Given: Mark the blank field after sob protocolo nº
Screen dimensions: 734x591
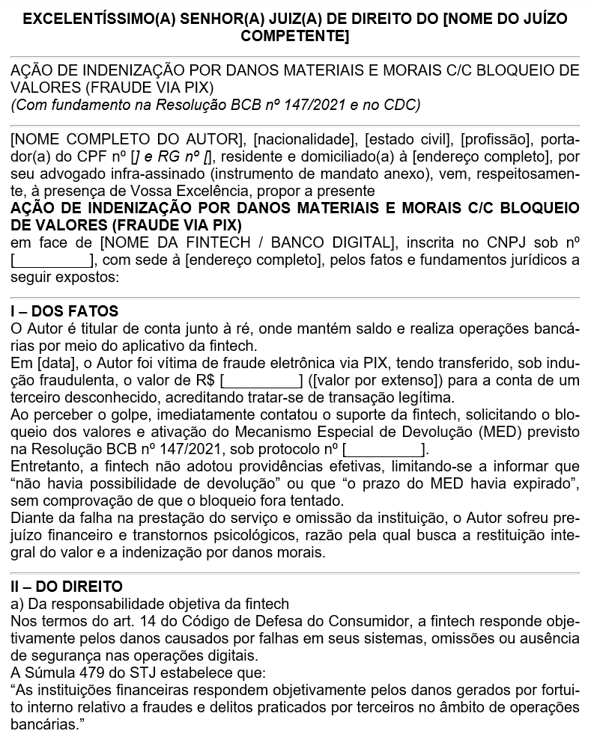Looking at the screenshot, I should click(384, 449).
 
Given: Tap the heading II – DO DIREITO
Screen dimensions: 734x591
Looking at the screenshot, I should click(67, 587).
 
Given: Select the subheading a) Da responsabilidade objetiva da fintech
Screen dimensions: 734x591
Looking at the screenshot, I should click(150, 605).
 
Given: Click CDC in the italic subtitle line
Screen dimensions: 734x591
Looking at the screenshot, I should click(405, 105).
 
